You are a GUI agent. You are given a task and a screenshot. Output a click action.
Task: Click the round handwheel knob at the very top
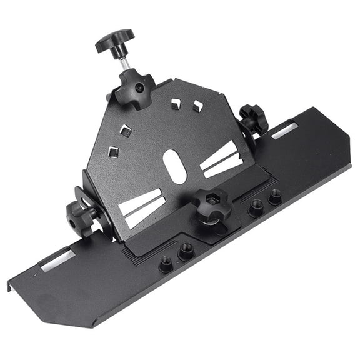(x=114, y=41)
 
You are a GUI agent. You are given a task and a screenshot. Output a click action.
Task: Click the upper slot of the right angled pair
(x=218, y=154)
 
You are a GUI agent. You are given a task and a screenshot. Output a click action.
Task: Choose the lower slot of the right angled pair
(x=223, y=166)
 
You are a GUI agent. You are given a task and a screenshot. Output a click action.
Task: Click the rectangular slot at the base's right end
(x=285, y=130)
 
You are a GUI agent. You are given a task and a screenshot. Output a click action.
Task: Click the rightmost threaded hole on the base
(x=274, y=197)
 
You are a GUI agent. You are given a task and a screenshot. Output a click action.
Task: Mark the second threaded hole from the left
(x=185, y=252)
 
